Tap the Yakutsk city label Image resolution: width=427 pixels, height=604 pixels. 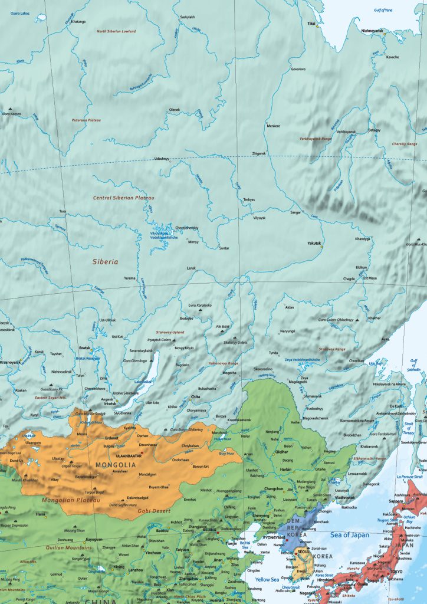(x=314, y=243)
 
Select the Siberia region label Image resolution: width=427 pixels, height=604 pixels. (x=105, y=261)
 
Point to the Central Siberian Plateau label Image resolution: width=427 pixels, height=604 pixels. (x=123, y=198)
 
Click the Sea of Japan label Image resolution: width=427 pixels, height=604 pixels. (x=349, y=535)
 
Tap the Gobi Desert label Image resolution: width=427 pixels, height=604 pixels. (x=149, y=511)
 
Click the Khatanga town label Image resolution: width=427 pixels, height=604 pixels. (x=78, y=22)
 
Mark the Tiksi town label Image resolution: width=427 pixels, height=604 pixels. (x=311, y=24)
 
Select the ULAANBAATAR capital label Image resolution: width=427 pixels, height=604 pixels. (x=128, y=456)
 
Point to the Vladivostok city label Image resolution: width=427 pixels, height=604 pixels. (x=344, y=498)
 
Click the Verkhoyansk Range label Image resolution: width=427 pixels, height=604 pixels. (x=316, y=139)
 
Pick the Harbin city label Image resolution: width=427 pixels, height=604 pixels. (x=285, y=470)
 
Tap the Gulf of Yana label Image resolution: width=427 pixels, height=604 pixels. (x=384, y=10)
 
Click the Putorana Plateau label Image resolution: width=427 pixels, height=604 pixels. (x=86, y=120)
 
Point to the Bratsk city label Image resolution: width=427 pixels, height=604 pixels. (x=84, y=348)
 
